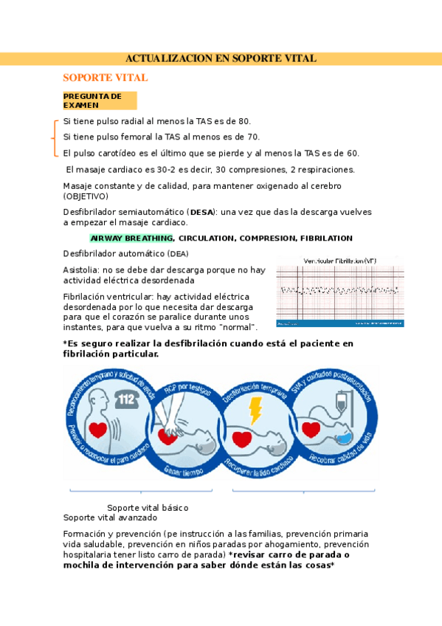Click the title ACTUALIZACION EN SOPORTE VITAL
[221, 58]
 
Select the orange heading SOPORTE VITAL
[106, 78]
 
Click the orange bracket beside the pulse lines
[55, 137]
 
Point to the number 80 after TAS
[244, 121]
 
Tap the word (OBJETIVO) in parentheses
[86, 196]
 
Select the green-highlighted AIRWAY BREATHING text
[131, 238]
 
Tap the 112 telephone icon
[127, 399]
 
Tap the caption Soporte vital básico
[148, 508]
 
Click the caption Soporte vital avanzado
[106, 517]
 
